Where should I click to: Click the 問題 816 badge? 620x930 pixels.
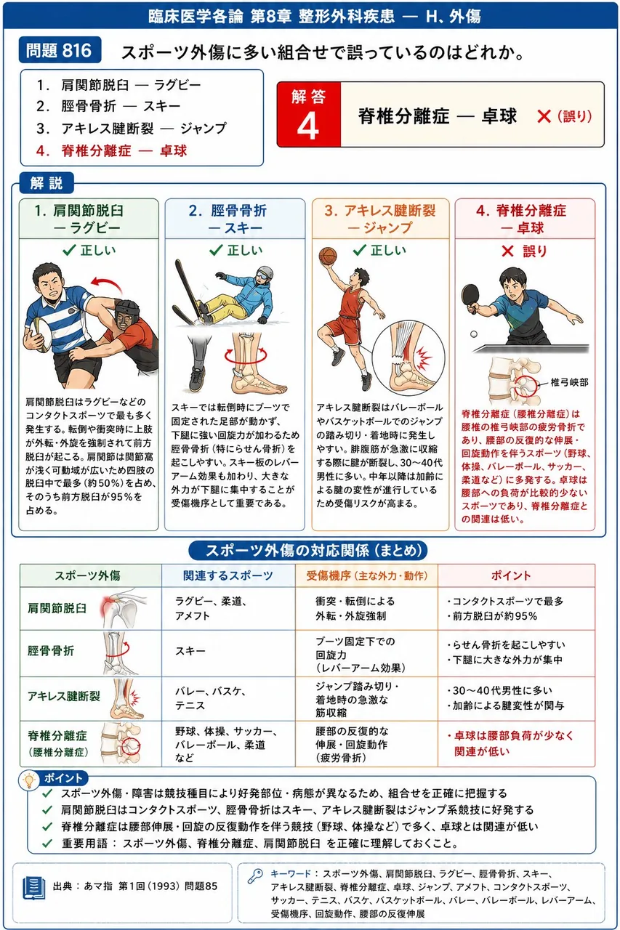coord(60,50)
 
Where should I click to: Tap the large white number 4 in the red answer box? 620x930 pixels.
coord(308,126)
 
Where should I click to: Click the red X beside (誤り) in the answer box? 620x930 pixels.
coord(544,117)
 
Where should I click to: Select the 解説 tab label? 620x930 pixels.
coord(47,182)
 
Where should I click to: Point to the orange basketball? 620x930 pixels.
coord(328,256)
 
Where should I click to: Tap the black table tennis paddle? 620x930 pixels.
coord(470,298)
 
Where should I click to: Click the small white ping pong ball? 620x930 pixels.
coord(474,333)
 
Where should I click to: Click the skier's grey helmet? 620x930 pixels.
coord(265,274)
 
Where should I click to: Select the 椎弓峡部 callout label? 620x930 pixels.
coord(569,382)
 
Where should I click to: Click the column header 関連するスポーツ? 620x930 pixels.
coord(228,575)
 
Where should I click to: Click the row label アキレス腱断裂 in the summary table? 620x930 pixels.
coord(64,696)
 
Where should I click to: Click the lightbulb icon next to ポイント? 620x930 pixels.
coord(29,781)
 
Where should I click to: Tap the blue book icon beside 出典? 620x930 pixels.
coord(34,888)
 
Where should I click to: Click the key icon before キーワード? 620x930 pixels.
coord(255,876)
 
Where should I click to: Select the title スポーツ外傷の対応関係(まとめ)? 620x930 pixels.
coord(308,551)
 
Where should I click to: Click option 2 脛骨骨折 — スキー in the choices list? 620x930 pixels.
coord(108,106)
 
